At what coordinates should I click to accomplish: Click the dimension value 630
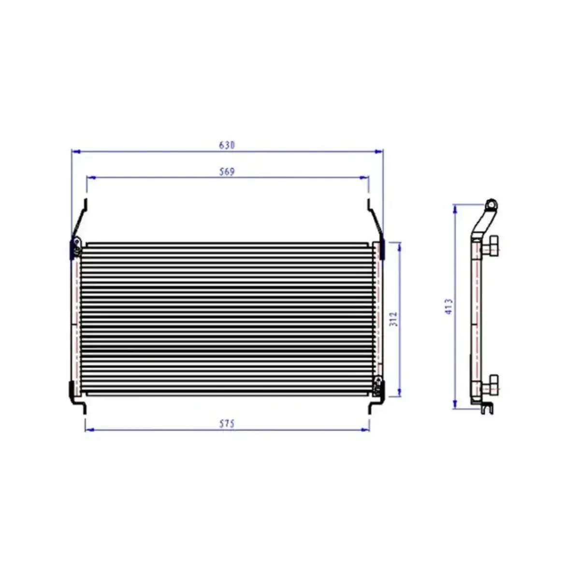pyautogui.click(x=226, y=145)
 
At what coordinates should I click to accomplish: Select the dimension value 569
pyautogui.click(x=226, y=172)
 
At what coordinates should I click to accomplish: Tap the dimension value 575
pyautogui.click(x=226, y=424)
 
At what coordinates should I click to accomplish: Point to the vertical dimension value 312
pyautogui.click(x=394, y=319)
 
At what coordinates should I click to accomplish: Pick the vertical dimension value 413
pyautogui.click(x=449, y=306)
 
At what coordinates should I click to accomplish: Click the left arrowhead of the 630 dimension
pyautogui.click(x=75, y=151)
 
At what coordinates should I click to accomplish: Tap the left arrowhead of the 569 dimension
pyautogui.click(x=90, y=177)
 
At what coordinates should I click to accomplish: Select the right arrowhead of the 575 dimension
pyautogui.click(x=365, y=430)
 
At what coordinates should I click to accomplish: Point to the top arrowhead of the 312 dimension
pyautogui.click(x=399, y=247)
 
